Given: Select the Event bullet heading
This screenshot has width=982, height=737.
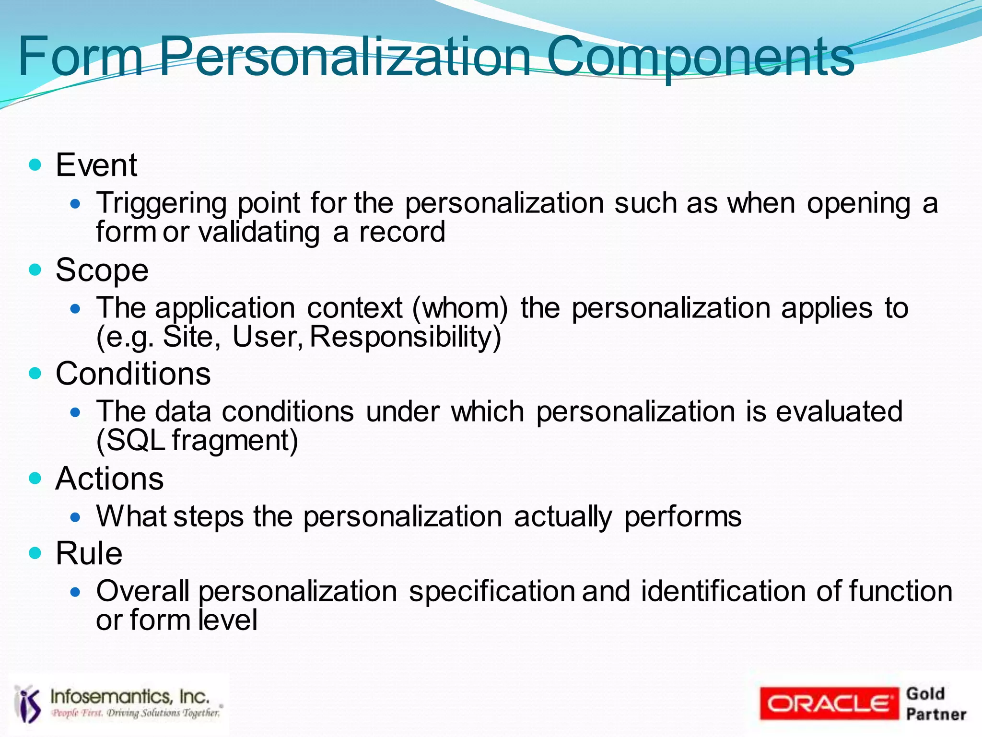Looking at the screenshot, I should click(96, 165).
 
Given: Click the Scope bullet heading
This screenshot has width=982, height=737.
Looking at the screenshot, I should click(102, 270).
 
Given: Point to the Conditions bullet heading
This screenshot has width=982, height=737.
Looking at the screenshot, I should click(133, 374).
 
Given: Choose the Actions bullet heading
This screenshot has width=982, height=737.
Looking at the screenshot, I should click(109, 479).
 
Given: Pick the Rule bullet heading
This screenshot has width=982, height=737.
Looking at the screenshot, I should click(89, 553).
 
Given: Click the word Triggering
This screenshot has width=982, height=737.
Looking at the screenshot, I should click(161, 203).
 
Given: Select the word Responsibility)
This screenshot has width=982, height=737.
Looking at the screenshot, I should click(405, 337).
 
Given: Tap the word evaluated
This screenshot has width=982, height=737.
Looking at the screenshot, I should click(839, 411).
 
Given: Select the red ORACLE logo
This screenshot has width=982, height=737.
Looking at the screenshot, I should click(829, 703).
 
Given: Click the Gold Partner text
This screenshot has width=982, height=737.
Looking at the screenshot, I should click(935, 703).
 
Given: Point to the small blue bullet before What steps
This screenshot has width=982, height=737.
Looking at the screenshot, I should click(75, 517).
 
